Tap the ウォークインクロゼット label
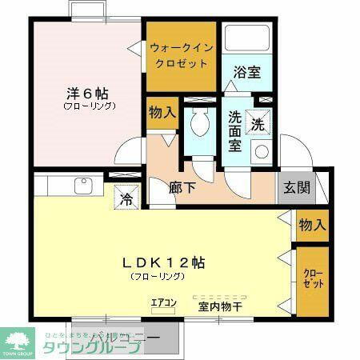180,54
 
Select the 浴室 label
246,72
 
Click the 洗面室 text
235,130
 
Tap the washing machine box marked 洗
258,124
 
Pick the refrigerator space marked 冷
126,197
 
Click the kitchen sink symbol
82,186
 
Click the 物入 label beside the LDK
312,225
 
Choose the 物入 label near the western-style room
162,114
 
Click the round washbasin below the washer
261,151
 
